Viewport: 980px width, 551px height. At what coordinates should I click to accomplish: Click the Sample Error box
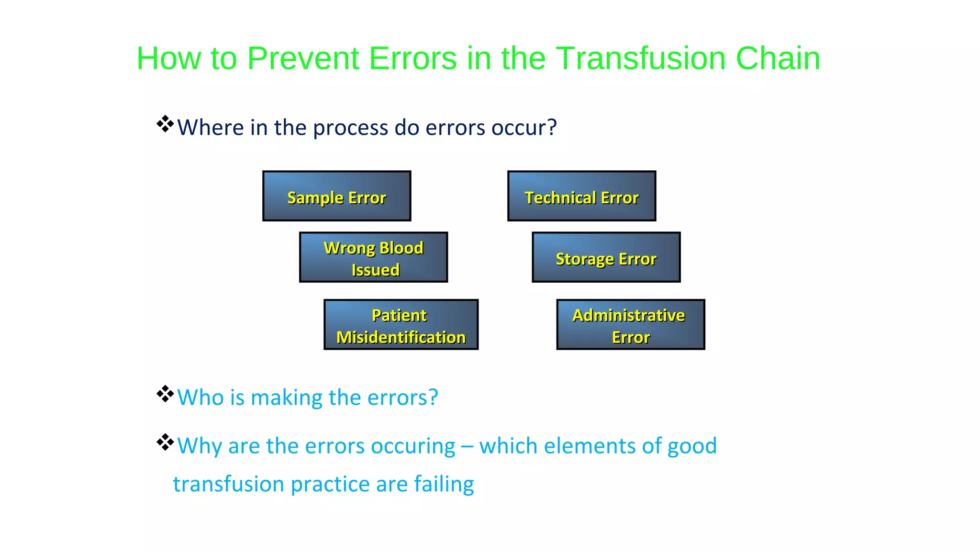coord(336,196)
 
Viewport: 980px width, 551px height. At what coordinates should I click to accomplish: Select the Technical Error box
coord(581,196)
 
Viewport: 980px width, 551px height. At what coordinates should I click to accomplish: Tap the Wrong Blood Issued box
coord(373,257)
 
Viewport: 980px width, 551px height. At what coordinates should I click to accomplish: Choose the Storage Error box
coord(606,258)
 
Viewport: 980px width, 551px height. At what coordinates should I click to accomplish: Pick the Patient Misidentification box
coord(401,325)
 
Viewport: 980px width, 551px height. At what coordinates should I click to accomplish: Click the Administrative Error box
coord(630,325)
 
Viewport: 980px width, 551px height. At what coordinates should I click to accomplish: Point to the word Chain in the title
coord(778,58)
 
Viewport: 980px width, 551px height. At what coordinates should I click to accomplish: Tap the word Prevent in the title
coord(303,58)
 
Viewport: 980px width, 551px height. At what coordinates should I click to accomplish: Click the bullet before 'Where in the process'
coord(165,124)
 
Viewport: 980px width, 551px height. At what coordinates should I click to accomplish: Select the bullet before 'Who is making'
coord(165,394)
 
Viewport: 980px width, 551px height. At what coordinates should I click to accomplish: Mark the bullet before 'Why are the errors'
coord(165,442)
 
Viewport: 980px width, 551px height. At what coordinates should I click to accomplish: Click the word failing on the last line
coord(444,485)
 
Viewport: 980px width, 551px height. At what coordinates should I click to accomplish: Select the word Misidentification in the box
coord(401,337)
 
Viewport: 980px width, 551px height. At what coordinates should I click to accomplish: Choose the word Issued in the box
coord(376,270)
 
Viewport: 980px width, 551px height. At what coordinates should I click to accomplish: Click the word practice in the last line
coord(330,485)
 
